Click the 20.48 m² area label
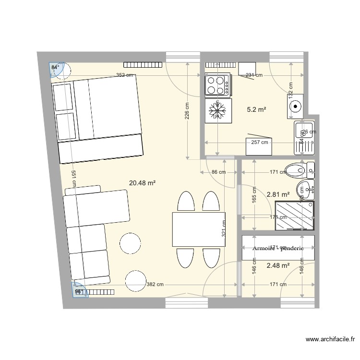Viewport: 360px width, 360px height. (143, 183)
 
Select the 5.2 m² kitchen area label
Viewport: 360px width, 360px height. (256, 110)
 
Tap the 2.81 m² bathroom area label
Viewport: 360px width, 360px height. (277, 194)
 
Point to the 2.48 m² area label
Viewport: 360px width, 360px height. (277, 265)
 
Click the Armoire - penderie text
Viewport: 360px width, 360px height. (278, 248)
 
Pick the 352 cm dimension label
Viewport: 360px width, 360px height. (124, 75)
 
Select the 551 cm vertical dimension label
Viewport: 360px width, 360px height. (73, 180)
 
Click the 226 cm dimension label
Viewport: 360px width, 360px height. (187, 111)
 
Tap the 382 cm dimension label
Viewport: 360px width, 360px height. (155, 285)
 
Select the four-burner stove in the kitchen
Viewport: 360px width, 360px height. (217, 84)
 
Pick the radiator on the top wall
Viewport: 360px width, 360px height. (144, 64)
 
